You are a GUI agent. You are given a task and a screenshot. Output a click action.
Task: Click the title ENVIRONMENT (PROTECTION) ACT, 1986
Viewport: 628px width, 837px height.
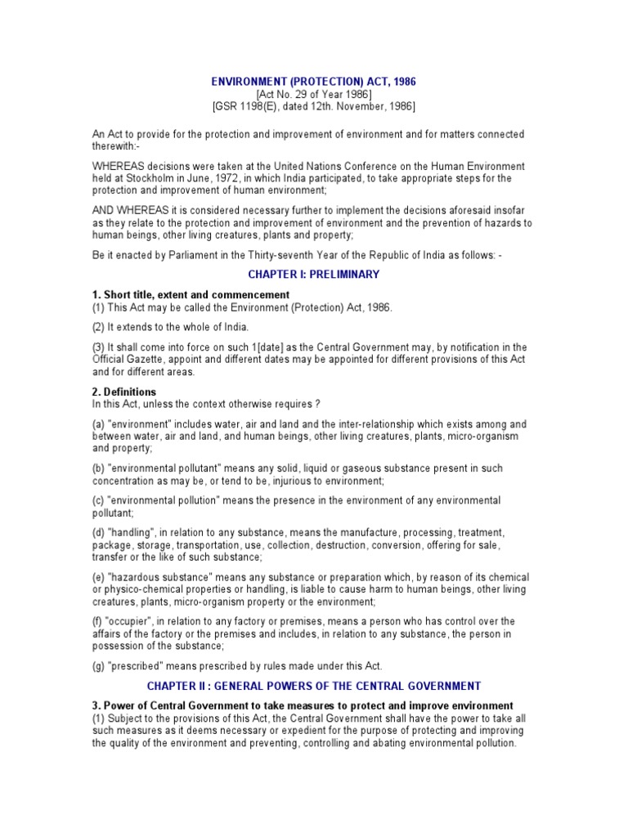[313, 83]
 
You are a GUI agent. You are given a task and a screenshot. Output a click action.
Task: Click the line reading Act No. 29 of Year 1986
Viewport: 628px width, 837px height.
[313, 95]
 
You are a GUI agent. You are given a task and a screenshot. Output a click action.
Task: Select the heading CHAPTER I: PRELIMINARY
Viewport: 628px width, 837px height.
[313, 275]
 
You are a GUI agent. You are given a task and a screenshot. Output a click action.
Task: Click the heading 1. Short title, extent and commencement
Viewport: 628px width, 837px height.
[191, 294]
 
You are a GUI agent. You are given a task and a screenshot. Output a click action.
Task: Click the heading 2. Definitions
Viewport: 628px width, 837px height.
[124, 392]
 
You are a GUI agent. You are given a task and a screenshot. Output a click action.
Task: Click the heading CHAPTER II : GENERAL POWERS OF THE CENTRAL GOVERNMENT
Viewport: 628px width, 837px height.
[313, 686]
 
